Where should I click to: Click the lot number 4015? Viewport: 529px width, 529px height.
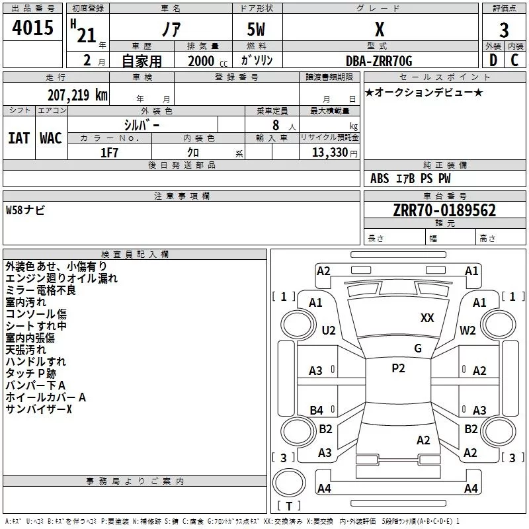pyautogui.click(x=33, y=28)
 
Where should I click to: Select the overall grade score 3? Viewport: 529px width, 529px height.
pyautogui.click(x=505, y=30)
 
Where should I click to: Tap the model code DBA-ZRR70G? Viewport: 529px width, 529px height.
pyautogui.click(x=379, y=61)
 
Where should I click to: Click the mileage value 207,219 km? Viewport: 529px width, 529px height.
pyautogui.click(x=77, y=95)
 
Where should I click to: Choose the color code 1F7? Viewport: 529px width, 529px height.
pyautogui.click(x=109, y=152)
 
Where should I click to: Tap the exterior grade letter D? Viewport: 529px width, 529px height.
pyautogui.click(x=493, y=61)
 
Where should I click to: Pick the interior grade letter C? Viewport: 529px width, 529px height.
pyautogui.click(x=514, y=61)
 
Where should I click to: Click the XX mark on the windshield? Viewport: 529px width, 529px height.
pyautogui.click(x=427, y=318)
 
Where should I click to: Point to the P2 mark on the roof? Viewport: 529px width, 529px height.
pyautogui.click(x=398, y=368)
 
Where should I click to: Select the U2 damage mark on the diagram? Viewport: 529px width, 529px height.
pyautogui.click(x=329, y=331)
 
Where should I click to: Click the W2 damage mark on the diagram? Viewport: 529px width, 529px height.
pyautogui.click(x=468, y=331)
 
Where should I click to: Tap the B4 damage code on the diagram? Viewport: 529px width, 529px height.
pyautogui.click(x=317, y=411)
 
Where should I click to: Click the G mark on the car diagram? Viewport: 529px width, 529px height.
pyautogui.click(x=418, y=348)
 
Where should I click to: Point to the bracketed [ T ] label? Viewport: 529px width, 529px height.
pyautogui.click(x=289, y=506)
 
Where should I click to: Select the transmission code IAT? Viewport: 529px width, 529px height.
pyautogui.click(x=19, y=138)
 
